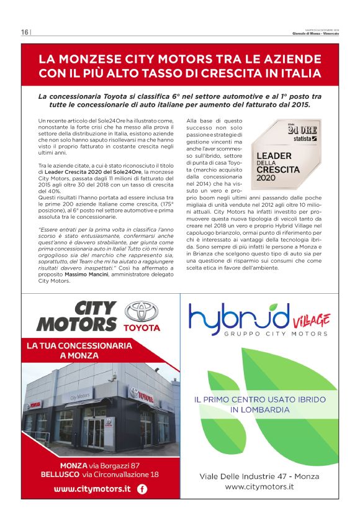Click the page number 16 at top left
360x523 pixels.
coord(24,32)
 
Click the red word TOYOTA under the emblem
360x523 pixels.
coord(142,327)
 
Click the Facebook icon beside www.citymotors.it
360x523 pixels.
coord(142,489)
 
